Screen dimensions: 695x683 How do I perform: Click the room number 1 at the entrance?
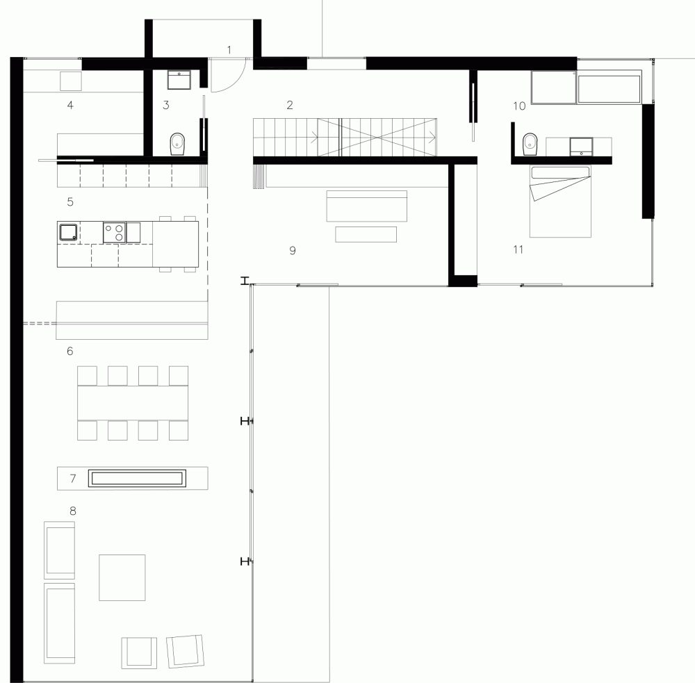[x=229, y=50]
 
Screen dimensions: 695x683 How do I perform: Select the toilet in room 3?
[x=177, y=144]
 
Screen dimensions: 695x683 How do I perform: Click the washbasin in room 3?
[x=179, y=80]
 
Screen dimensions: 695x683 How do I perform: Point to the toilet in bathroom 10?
[x=530, y=145]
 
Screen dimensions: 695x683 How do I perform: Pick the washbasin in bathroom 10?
[x=581, y=147]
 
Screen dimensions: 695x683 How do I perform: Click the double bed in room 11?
[x=560, y=201]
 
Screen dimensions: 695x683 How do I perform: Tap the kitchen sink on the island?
[x=68, y=232]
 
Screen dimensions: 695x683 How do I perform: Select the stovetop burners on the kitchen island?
[x=115, y=232]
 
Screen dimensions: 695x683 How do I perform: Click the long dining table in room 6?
[x=133, y=403]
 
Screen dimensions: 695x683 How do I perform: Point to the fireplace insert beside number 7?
[x=137, y=478]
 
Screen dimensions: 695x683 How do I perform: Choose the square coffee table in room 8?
[x=122, y=577]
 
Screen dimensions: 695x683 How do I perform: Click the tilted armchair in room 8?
[x=186, y=651]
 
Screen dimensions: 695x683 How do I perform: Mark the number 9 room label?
[x=293, y=250]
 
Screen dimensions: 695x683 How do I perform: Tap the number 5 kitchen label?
[x=70, y=201]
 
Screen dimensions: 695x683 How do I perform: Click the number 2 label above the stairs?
[x=289, y=105]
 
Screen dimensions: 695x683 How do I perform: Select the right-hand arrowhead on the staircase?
[x=432, y=138]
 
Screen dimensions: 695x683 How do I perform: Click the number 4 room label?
[x=70, y=105]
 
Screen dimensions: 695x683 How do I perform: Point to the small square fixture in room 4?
[x=71, y=81]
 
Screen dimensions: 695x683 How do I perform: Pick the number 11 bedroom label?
[x=518, y=249]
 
